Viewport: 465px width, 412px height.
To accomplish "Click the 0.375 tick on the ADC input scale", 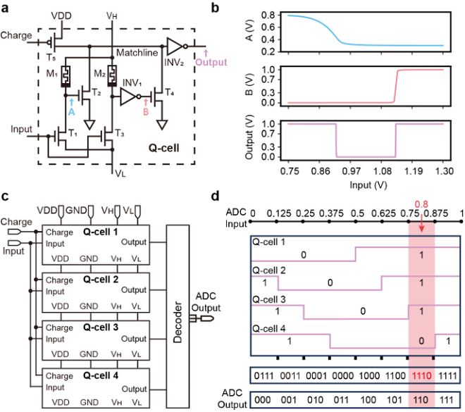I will (330, 213).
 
